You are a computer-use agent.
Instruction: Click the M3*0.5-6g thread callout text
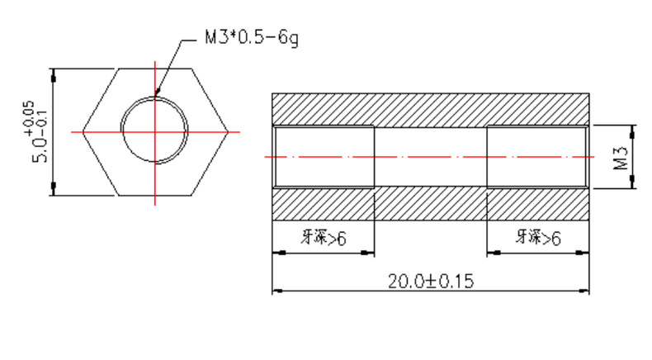click(x=252, y=38)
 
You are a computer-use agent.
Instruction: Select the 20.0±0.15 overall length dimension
click(x=430, y=282)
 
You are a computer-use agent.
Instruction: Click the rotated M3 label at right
click(x=621, y=158)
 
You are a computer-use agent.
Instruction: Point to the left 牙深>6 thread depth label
click(x=324, y=238)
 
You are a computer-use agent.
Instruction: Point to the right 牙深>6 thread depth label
click(x=538, y=238)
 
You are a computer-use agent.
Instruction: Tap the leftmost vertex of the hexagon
click(x=83, y=132)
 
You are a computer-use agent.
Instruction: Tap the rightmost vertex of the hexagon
click(x=229, y=132)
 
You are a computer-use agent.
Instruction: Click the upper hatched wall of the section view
click(x=430, y=110)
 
